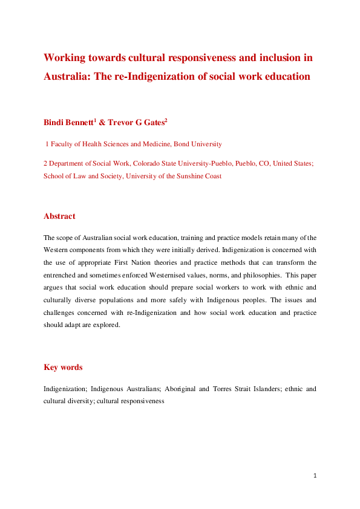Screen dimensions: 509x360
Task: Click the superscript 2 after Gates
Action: point(166,120)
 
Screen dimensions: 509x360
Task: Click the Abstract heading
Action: point(59,216)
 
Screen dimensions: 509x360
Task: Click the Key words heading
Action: point(63,367)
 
